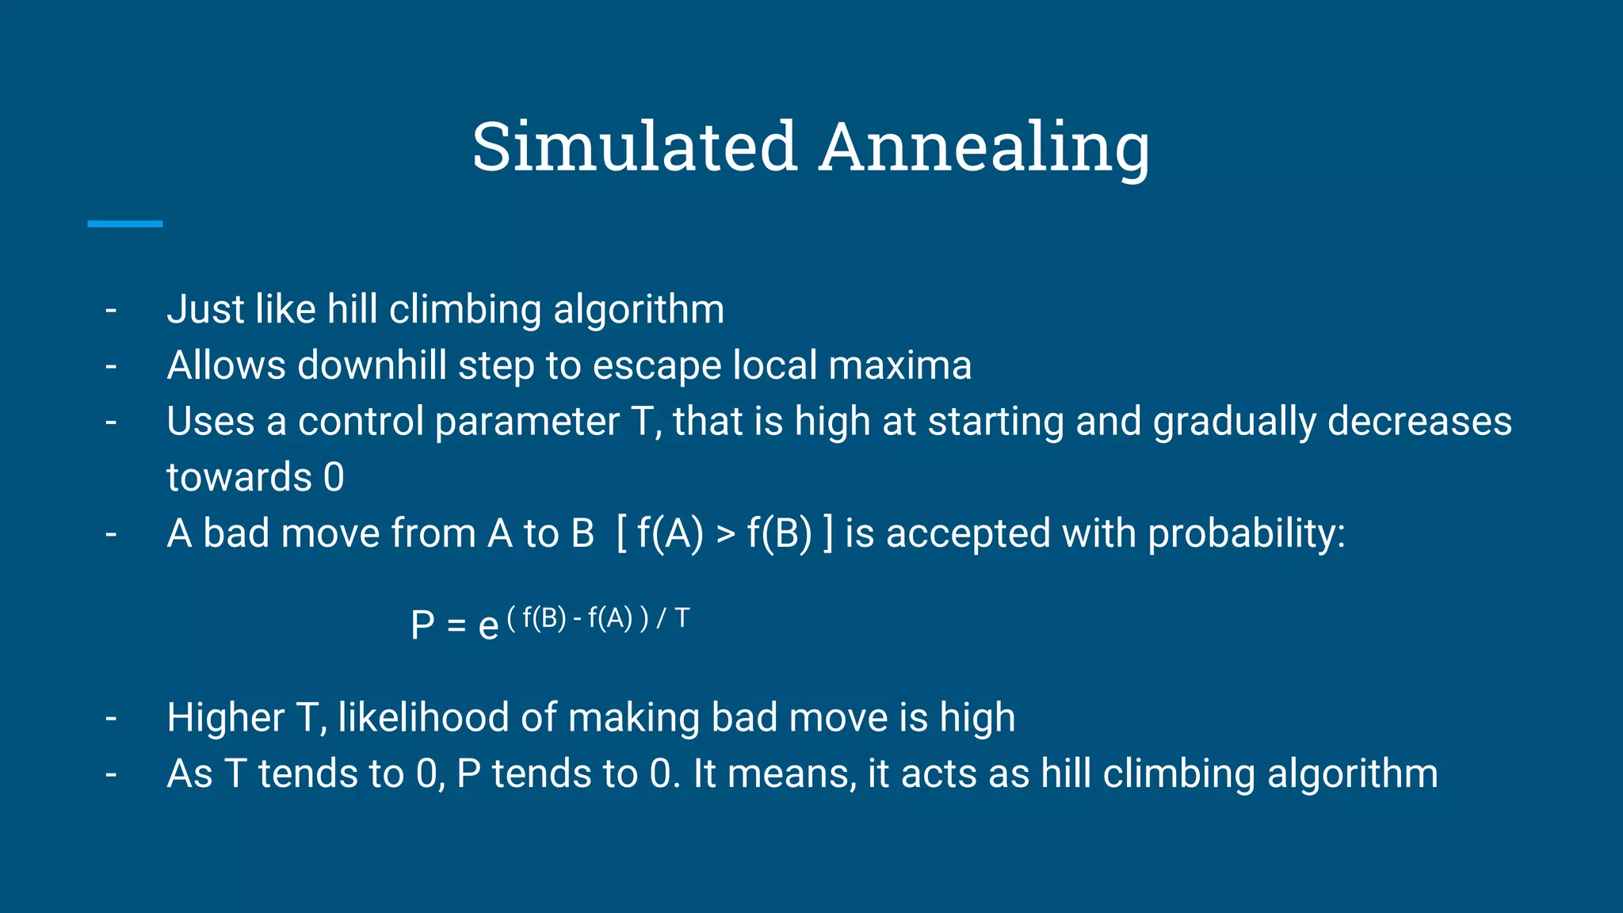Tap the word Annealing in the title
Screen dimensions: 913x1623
[984, 148]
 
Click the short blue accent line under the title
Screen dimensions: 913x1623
[125, 224]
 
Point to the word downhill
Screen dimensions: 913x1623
[372, 365]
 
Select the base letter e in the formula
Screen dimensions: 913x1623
[488, 627]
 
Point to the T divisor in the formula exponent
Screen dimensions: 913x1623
[682, 617]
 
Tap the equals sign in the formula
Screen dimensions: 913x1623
[456, 625]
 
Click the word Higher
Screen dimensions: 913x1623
[225, 718]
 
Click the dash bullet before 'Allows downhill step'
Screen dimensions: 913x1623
[111, 366]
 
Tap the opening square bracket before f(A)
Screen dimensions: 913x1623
[622, 533]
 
